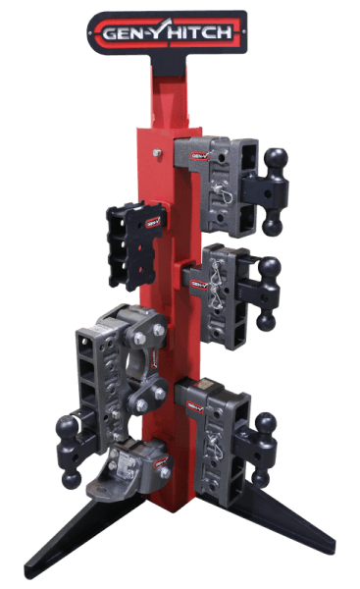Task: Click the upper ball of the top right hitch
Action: [x=277, y=157]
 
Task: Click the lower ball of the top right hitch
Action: [x=274, y=228]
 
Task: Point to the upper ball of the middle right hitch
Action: [x=271, y=266]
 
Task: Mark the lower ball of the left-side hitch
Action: [x=72, y=479]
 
